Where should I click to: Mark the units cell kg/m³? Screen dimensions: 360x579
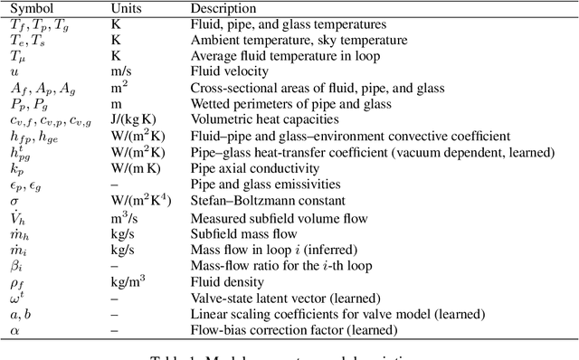(127, 282)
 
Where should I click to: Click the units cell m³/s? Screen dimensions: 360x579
(125, 217)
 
